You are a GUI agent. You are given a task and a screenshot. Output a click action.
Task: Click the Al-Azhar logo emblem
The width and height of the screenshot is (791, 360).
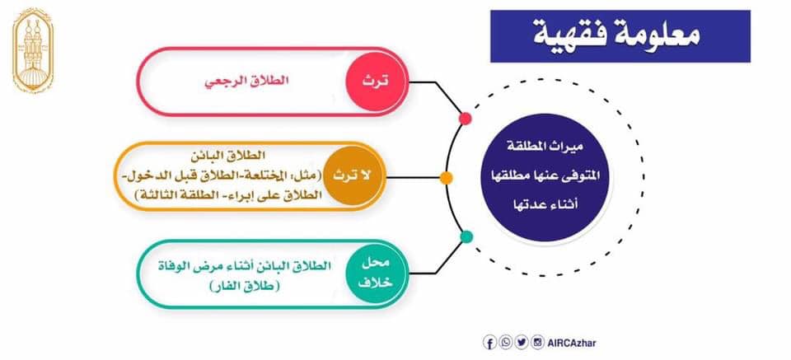[33, 49]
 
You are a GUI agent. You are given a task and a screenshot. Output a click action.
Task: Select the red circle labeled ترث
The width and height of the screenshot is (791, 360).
[376, 82]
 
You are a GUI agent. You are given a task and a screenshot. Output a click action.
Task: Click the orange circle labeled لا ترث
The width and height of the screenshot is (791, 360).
[353, 176]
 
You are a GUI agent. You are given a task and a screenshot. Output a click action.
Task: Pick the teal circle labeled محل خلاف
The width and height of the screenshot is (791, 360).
[376, 273]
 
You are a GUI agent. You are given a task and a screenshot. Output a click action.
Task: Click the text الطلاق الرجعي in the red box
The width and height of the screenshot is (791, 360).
[246, 82]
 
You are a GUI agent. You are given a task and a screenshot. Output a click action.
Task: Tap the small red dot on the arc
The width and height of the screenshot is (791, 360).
[465, 119]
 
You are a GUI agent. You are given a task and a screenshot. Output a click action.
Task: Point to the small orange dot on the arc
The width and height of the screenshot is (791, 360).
[446, 178]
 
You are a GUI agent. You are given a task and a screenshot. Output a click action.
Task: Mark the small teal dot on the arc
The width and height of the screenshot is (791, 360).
[467, 236]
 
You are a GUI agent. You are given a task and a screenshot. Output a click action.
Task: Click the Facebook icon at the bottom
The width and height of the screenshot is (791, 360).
[489, 343]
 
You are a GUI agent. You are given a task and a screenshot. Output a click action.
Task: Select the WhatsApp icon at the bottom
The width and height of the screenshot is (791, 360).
[505, 343]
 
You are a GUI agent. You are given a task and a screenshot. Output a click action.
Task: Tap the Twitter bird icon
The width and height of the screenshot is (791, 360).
[522, 343]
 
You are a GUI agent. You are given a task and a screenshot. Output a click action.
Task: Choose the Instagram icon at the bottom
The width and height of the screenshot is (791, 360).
[538, 343]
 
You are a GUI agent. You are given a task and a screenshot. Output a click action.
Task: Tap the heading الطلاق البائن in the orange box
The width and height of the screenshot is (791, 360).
[230, 155]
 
